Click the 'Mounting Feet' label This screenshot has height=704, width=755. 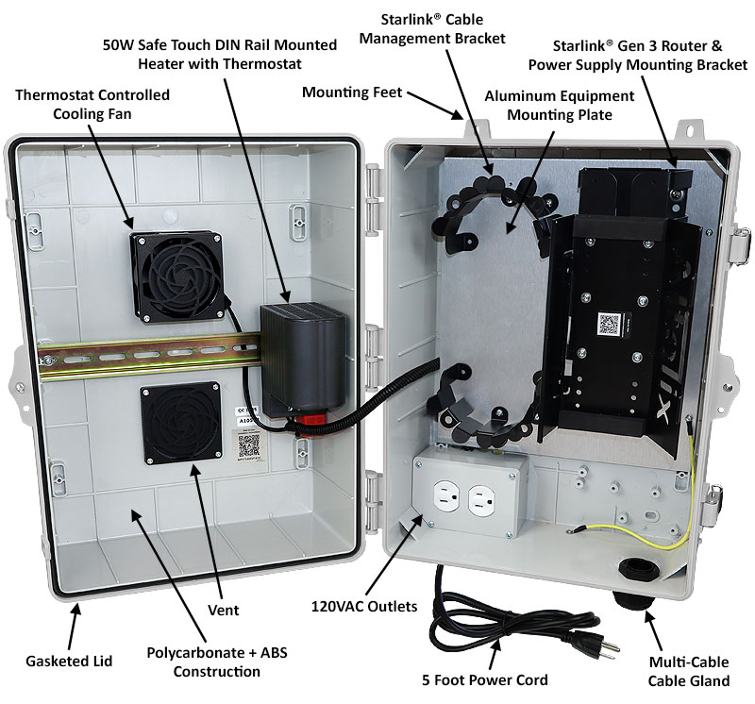point(352,92)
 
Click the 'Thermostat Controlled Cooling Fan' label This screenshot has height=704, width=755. point(92,104)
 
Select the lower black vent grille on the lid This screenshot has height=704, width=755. point(179,422)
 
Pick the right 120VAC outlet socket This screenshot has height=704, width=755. point(481,501)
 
